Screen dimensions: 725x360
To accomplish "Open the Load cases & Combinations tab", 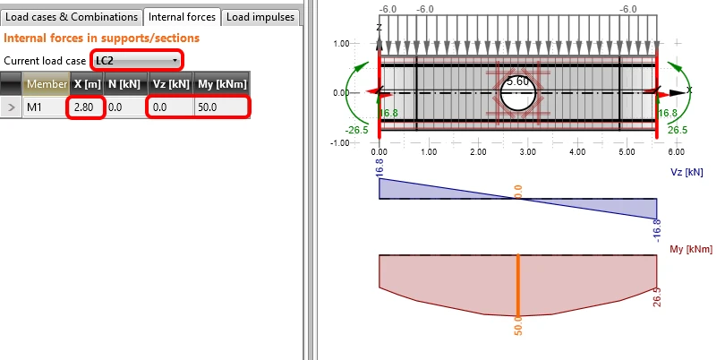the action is click(x=72, y=17).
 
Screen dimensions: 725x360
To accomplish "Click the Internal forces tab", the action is click(x=182, y=17).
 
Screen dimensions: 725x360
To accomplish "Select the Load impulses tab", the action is click(x=260, y=17).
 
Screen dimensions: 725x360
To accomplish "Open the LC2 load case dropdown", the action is click(x=137, y=61).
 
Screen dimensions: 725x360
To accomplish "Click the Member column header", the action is click(x=47, y=84).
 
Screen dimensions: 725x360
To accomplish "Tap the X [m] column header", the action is click(x=88, y=84).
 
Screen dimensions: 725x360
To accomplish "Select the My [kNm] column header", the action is click(x=222, y=84).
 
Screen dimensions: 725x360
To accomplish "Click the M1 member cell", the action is click(x=35, y=107).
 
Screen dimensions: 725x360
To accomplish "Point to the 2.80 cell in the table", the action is click(x=84, y=107).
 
